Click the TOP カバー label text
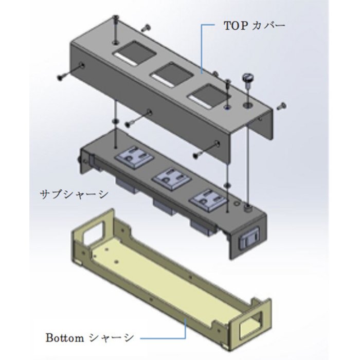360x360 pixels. point(254,26)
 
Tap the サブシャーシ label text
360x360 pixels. point(74,195)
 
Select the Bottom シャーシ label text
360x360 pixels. point(90,338)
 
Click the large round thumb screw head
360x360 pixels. point(247,77)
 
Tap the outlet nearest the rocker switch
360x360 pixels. point(208,199)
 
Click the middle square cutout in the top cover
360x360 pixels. point(171,74)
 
